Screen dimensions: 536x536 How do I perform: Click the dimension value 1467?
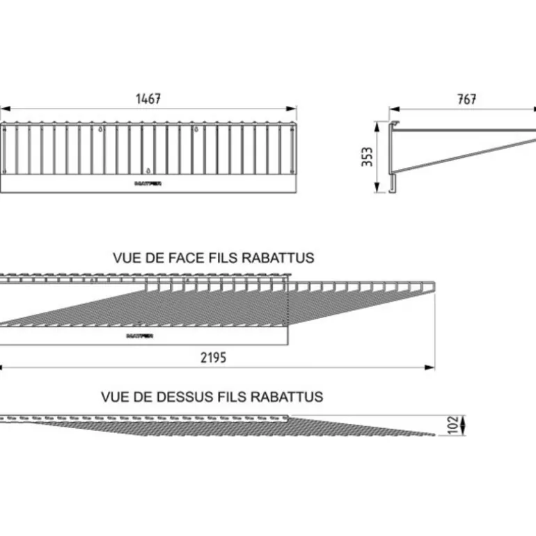click(148, 99)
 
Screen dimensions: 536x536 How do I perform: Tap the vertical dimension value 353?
click(368, 157)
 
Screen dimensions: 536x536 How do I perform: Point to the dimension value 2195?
click(213, 358)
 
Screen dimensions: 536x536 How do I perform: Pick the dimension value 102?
click(453, 425)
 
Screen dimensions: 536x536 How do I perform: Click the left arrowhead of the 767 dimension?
click(392, 109)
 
